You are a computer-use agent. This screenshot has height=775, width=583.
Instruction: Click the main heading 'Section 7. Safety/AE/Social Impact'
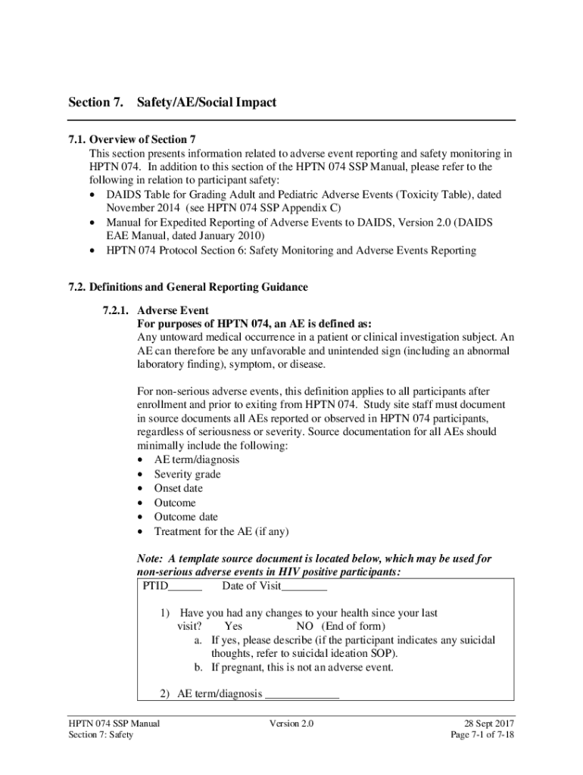173,102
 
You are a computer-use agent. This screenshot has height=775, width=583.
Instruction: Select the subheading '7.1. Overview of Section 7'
132,139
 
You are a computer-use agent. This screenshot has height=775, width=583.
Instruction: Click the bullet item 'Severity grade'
187,475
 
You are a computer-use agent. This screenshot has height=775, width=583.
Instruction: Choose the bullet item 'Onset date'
178,489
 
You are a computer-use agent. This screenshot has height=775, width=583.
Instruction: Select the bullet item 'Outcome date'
185,517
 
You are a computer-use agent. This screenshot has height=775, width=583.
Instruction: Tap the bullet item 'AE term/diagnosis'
196,460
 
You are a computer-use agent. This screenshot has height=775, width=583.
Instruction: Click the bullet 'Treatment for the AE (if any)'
221,531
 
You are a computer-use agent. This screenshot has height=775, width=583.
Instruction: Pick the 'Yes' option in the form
233,627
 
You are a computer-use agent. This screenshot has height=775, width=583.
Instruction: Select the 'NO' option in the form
304,627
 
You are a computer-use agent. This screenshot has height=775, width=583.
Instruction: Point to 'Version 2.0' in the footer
291,724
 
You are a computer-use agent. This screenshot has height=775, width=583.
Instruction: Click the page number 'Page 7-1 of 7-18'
482,736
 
